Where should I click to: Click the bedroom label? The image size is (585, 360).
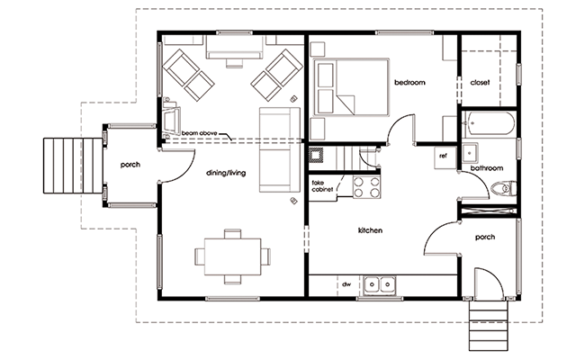point(409,83)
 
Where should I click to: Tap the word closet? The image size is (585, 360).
point(480,83)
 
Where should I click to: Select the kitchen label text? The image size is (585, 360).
point(370,230)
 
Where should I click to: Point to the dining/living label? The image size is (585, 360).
point(226,173)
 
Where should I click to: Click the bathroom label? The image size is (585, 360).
point(487,168)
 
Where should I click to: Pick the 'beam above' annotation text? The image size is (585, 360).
point(199,133)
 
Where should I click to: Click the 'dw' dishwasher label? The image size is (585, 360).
point(346,284)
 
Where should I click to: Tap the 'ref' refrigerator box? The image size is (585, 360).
point(445,158)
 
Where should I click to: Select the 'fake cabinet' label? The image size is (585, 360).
point(323,186)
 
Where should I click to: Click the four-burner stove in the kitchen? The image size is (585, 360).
point(366,187)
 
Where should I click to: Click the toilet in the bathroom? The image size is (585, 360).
point(504,188)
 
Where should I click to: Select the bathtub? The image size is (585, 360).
point(489,123)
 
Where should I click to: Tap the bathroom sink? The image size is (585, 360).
point(470,153)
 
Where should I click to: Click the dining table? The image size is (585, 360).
point(232,256)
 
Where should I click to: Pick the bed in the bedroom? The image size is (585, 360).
point(351,87)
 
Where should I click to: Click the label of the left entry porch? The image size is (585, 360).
point(130,165)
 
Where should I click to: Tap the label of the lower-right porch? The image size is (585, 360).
point(485,238)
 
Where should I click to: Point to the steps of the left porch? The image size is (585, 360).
point(73,166)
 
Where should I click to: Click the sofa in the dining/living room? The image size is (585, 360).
point(279,150)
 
